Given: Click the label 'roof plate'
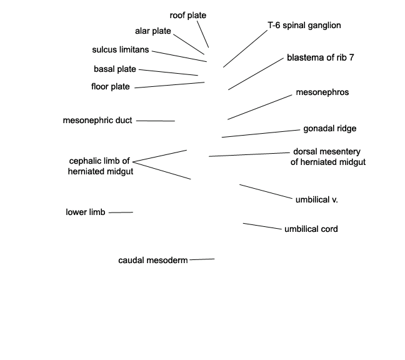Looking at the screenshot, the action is (x=187, y=16).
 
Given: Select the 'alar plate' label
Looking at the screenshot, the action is (x=153, y=31).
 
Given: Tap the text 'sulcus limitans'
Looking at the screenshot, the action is (x=121, y=49).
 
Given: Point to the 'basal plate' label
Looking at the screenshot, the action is (x=114, y=69).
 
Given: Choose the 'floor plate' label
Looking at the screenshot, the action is (x=110, y=86).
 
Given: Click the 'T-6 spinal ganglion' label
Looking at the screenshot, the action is (x=304, y=25).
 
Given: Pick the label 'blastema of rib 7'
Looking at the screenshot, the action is (x=320, y=57).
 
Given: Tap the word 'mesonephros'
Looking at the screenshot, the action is (x=322, y=92).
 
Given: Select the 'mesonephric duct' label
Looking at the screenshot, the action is (x=97, y=121).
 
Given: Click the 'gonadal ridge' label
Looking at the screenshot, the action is (x=330, y=129).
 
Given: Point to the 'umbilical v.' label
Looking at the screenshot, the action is (x=317, y=199).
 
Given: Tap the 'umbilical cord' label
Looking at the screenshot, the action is (x=311, y=229).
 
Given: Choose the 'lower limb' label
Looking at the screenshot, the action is (x=86, y=212).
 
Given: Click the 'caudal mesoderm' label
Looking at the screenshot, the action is (x=153, y=261).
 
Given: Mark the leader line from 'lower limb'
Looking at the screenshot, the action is (x=121, y=212).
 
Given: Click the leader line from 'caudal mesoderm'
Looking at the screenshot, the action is (x=202, y=259).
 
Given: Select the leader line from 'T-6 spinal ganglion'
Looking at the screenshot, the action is (x=246, y=49).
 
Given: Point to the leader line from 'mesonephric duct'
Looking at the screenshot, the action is (x=156, y=121).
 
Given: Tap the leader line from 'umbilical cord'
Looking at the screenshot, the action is (x=262, y=226).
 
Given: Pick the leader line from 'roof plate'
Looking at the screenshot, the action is (x=203, y=34).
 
